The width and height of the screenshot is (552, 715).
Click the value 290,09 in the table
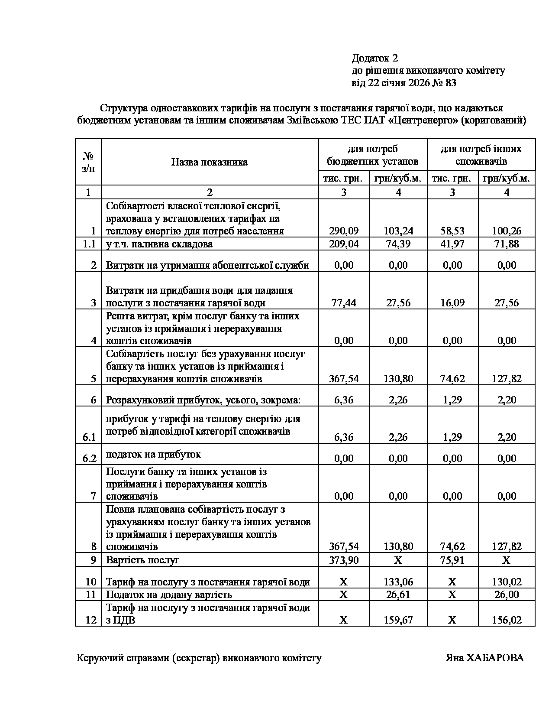pyautogui.click(x=344, y=231)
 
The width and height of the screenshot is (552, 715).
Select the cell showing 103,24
pyautogui.click(x=398, y=231)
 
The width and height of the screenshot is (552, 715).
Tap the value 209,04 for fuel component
pyautogui.click(x=344, y=244)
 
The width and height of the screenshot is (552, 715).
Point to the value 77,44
pyautogui.click(x=344, y=303)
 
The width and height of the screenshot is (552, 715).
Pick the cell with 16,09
pyautogui.click(x=452, y=303)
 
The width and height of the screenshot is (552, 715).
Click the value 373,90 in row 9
pyautogui.click(x=344, y=560)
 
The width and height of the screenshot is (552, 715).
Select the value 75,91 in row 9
pyautogui.click(x=452, y=560)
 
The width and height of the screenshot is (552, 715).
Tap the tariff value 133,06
pyautogui.click(x=398, y=582)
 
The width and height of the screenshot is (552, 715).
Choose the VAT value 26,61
pyautogui.click(x=398, y=595)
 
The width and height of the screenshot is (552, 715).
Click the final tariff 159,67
pyautogui.click(x=398, y=620)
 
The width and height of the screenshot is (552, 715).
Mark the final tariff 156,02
pyautogui.click(x=507, y=620)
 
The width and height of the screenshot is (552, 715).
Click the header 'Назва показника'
pyautogui.click(x=210, y=162)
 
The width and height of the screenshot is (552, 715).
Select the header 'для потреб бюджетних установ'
pyautogui.click(x=373, y=155)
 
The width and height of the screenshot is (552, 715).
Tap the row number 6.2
pyautogui.click(x=89, y=458)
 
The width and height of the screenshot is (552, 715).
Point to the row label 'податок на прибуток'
pyautogui.click(x=153, y=454)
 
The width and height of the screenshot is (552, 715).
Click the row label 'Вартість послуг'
pyautogui.click(x=142, y=560)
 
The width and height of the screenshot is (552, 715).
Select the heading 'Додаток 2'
pyautogui.click(x=374, y=58)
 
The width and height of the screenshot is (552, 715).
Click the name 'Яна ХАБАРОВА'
pyautogui.click(x=484, y=658)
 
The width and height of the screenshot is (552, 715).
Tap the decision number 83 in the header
pyautogui.click(x=450, y=83)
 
